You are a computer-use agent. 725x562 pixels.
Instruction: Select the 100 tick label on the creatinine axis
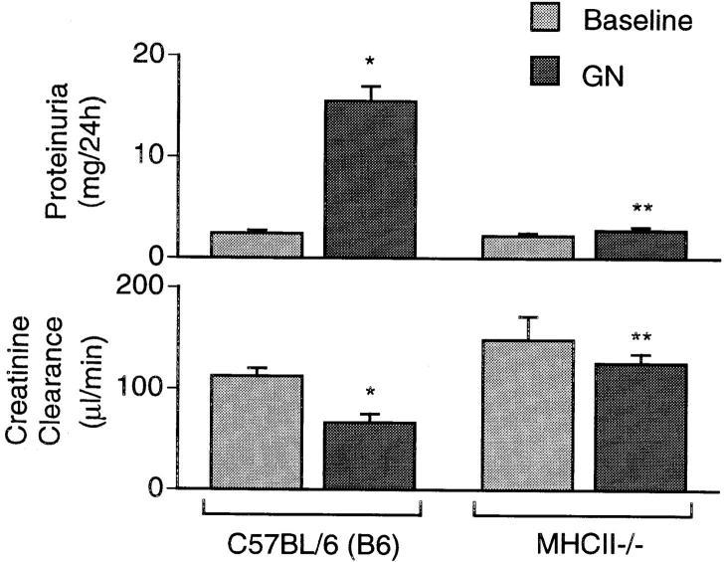[129, 387]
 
